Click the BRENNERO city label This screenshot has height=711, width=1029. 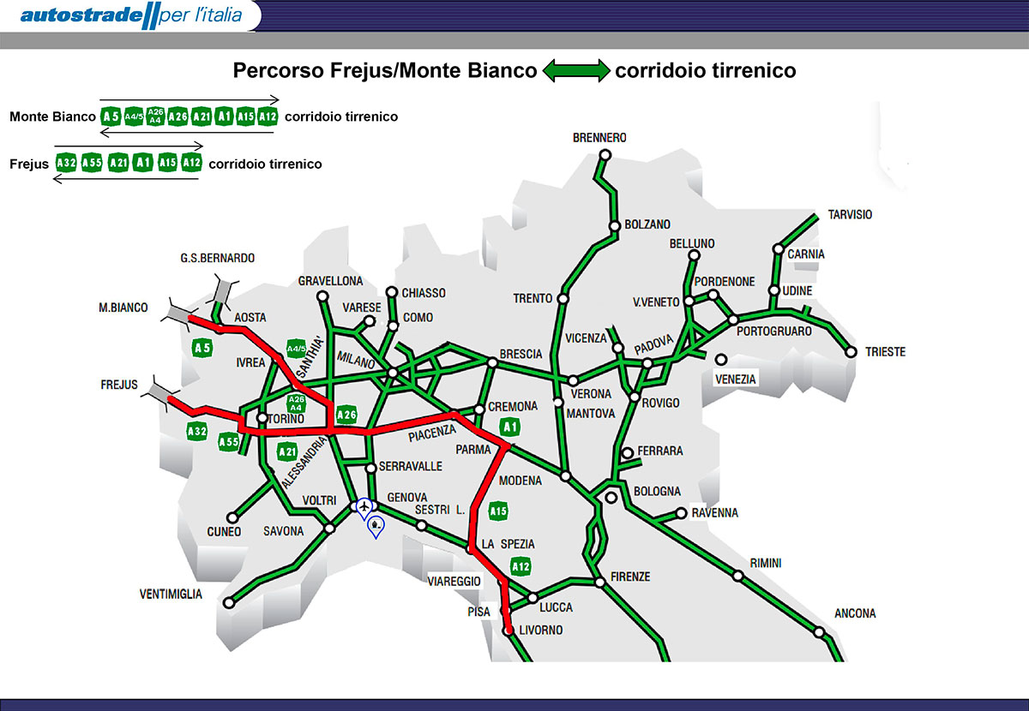coord(599,138)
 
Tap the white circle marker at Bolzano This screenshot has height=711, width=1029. coord(615,227)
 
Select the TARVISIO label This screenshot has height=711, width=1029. coord(849,215)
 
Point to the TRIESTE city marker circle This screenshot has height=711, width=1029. coord(851,352)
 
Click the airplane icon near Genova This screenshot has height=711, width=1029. coord(365,506)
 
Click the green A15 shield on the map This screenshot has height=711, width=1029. coord(497,512)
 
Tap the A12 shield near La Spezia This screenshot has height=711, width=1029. coord(520,566)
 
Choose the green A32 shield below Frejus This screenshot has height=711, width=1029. coord(197,431)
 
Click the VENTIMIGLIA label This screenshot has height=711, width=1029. coord(171,594)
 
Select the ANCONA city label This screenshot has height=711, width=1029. coord(855,613)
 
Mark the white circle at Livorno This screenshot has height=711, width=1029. coord(508,630)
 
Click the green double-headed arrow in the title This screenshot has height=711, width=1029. coord(575,70)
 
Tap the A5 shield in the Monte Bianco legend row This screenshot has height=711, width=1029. coord(111,117)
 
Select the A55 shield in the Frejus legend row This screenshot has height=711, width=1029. coord(92,163)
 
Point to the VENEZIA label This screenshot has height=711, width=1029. coord(736,379)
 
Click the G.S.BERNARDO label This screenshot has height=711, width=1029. coord(217,258)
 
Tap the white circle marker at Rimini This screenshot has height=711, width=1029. coord(737,576)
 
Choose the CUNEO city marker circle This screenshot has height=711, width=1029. coord(232,517)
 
